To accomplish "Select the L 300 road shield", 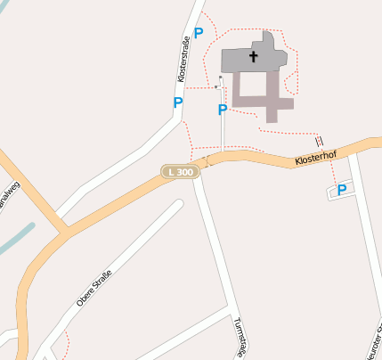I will pos(177,170).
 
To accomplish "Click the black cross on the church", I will pos(254,57).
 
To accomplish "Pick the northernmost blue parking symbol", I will pos(199,33).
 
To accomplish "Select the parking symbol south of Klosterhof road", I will pos(341,189).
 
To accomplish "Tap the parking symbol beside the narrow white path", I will pos(223,110).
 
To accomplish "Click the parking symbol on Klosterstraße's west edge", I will pos(178,102).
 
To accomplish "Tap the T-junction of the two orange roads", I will pos(63,234).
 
